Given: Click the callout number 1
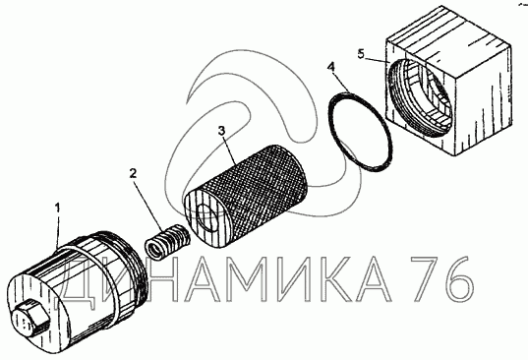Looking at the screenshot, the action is coord(58,208).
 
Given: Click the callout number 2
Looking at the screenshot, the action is coord(133,173).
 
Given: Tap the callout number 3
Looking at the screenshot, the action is coord(221,131).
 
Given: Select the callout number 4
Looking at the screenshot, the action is coord(331,67).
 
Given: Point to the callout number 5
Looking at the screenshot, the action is coord(361,54).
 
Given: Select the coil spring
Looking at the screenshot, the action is coord(168,240).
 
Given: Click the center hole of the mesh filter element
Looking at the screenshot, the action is coord(206,218).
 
